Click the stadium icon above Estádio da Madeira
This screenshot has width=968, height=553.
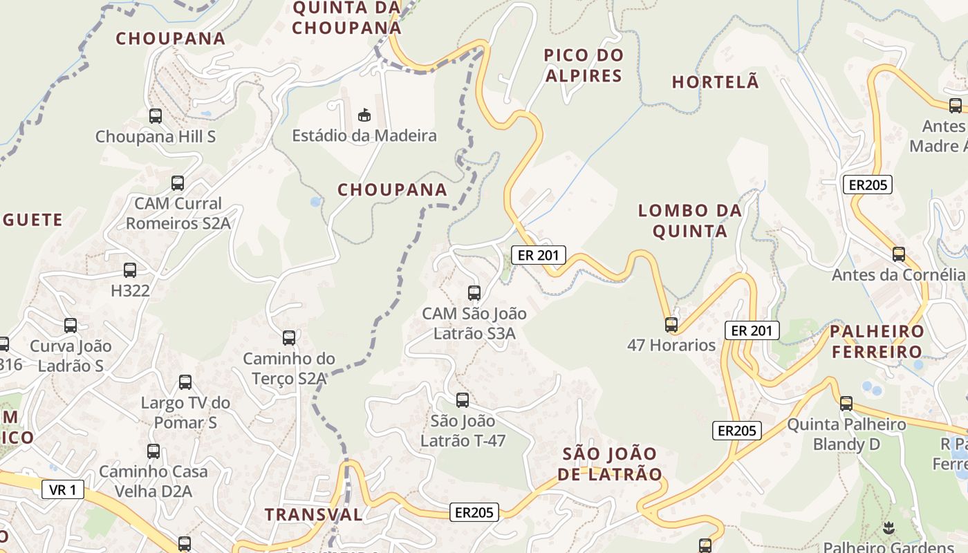point(364,114)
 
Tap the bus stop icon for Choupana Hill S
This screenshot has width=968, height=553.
point(156,116)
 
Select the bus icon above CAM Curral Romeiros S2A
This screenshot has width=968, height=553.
point(178,183)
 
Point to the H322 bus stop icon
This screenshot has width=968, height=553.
point(130,270)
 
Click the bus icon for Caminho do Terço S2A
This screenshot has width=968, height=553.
point(289,338)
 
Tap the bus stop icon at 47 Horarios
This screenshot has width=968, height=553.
point(671,324)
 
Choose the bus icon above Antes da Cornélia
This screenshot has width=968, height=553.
point(898,254)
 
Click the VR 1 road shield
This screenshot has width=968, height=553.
point(63,490)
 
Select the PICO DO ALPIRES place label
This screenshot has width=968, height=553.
point(584,65)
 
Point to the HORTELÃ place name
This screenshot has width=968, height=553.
point(716,82)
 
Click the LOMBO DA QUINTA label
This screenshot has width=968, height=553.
point(689,221)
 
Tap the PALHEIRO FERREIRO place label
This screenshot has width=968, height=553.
point(877,341)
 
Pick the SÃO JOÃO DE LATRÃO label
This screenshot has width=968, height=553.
point(610,464)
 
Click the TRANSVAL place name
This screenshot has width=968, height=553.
point(314,514)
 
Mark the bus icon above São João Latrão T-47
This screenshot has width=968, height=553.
point(463,400)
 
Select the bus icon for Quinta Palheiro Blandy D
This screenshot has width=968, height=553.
point(846,404)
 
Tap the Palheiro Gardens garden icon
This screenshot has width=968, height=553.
point(888,529)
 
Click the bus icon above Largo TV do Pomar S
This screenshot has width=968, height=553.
point(185,382)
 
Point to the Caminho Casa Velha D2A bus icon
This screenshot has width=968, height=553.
point(153,451)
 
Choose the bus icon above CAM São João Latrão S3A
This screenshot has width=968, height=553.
point(474,293)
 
